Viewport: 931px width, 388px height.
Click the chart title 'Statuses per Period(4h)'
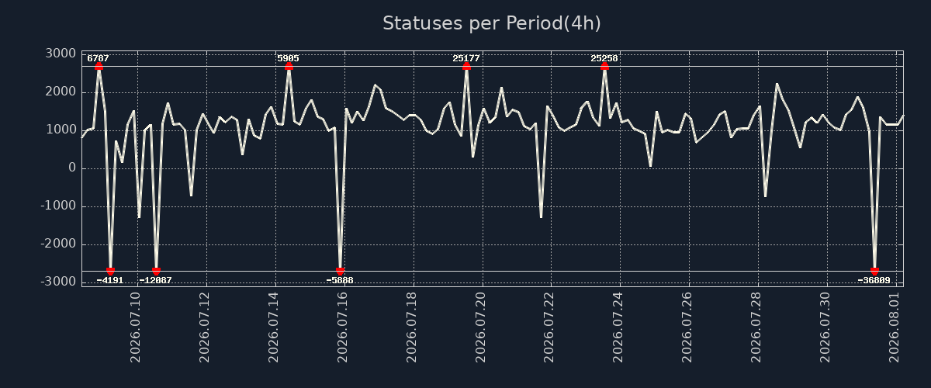pos(492,23)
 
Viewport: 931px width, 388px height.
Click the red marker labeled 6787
pos(99,66)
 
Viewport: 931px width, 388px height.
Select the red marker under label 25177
pos(466,66)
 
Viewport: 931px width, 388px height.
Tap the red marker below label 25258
pos(604,66)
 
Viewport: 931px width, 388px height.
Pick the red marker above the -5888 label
pos(340,271)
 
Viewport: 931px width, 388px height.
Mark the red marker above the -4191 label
pos(110,271)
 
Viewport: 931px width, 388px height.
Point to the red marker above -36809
pos(874,271)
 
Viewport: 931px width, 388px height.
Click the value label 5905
pos(288,58)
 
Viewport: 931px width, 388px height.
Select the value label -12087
pos(155,280)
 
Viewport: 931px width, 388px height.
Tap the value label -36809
pos(874,280)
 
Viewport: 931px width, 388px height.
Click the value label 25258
pos(604,58)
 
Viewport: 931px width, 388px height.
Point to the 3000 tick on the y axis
pos(61,54)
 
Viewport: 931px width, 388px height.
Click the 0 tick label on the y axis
pos(72,168)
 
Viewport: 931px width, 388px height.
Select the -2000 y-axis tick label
pos(59,244)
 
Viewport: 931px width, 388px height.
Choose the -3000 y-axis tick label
pos(59,282)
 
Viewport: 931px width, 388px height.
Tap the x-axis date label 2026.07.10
pos(135,327)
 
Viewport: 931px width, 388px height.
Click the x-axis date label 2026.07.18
pos(411,327)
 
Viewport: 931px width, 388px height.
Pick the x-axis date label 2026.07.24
pos(618,327)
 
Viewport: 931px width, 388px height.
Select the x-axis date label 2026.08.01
pos(894,327)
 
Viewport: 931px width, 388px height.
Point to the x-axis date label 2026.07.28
pos(756,327)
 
